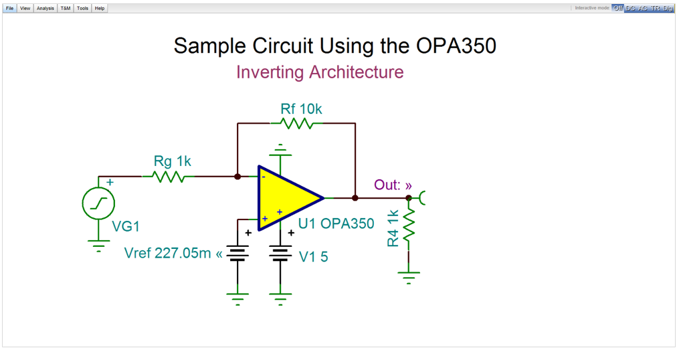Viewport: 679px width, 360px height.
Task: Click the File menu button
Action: pos(10,8)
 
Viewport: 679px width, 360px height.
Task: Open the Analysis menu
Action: pos(45,8)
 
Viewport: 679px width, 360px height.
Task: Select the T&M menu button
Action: pos(66,8)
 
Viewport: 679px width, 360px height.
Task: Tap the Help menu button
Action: pos(100,8)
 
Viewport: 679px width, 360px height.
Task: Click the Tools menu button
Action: pos(82,8)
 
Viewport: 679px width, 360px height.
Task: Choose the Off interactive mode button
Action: pos(617,8)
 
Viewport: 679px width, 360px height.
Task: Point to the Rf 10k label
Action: pos(301,108)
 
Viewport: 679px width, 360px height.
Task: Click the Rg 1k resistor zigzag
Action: pos(168,177)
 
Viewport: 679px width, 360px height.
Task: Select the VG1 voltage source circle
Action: pos(98,203)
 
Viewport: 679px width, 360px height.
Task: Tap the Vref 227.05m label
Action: pos(173,253)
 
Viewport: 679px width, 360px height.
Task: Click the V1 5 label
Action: pos(314,257)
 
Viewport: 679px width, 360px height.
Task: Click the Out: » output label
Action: pos(393,185)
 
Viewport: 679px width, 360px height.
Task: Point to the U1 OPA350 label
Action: pos(336,223)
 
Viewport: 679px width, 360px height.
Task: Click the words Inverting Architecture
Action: pos(320,72)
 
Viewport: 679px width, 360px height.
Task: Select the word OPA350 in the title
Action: pos(456,46)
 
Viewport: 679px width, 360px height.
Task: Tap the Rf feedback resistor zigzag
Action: pos(296,124)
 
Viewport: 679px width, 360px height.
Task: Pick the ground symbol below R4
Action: pos(408,276)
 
